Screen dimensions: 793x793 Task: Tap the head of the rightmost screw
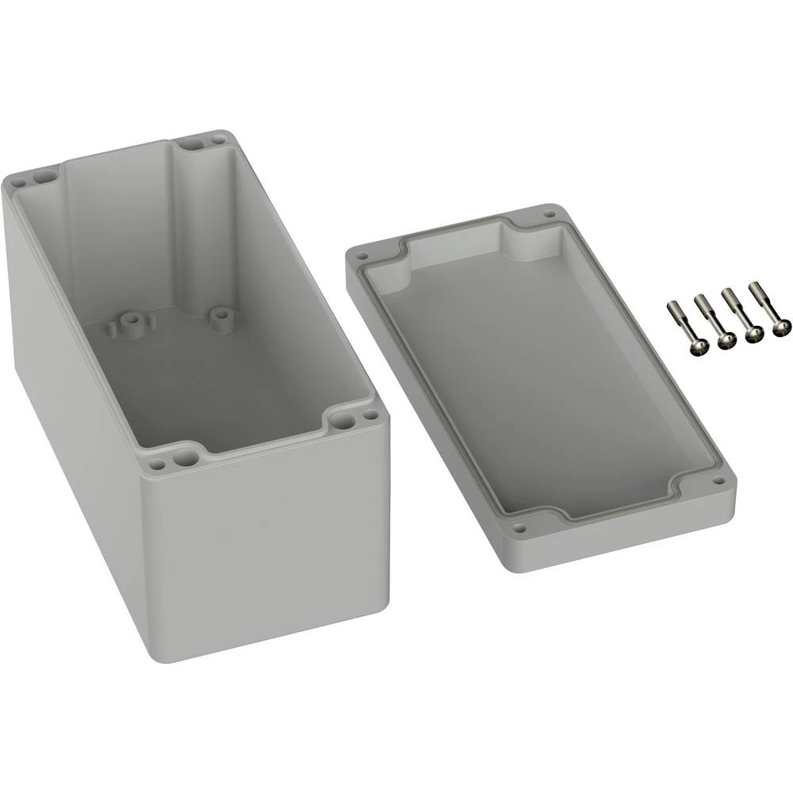pyautogui.click(x=778, y=326)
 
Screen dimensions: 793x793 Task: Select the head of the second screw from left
pyautogui.click(x=726, y=341)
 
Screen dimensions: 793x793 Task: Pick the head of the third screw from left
pyautogui.click(x=753, y=334)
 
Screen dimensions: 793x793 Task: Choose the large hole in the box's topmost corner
pyautogui.click(x=192, y=144)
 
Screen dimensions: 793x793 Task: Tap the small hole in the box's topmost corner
pyautogui.click(x=216, y=140)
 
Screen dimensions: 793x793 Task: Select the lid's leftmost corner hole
pyautogui.click(x=362, y=257)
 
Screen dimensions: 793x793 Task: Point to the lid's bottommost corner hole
pyautogui.click(x=520, y=528)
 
